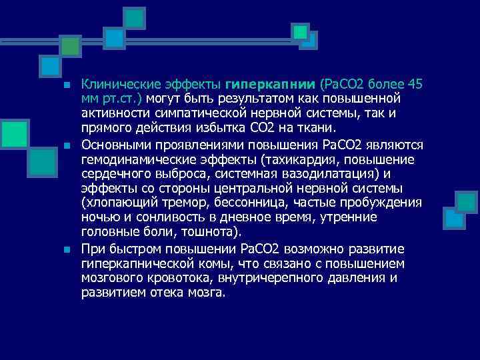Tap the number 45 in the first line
coord(414,85)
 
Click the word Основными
coord(117,145)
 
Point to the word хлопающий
coord(117,203)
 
